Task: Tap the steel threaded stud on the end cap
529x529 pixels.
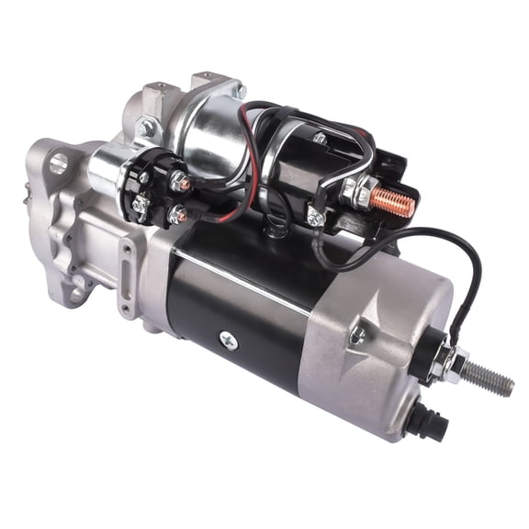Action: [x=488, y=377]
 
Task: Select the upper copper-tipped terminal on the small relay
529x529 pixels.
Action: [x=185, y=185]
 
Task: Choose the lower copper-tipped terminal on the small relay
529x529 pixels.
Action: [x=181, y=216]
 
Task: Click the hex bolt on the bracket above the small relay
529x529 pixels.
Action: [x=146, y=128]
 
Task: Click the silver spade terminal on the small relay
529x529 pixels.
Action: [x=140, y=204]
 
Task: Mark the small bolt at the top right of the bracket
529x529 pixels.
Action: [x=240, y=90]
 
